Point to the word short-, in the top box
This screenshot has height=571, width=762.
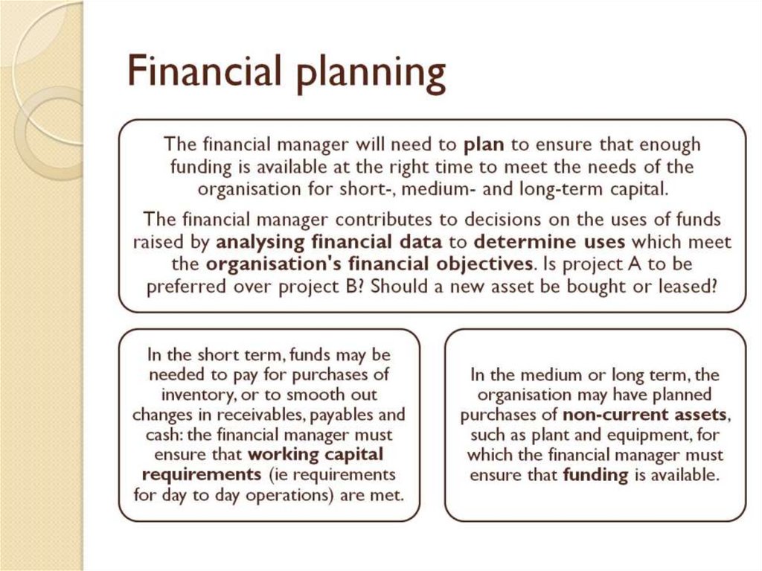396,189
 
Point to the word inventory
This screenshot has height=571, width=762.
196,395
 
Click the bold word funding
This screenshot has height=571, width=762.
596,475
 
